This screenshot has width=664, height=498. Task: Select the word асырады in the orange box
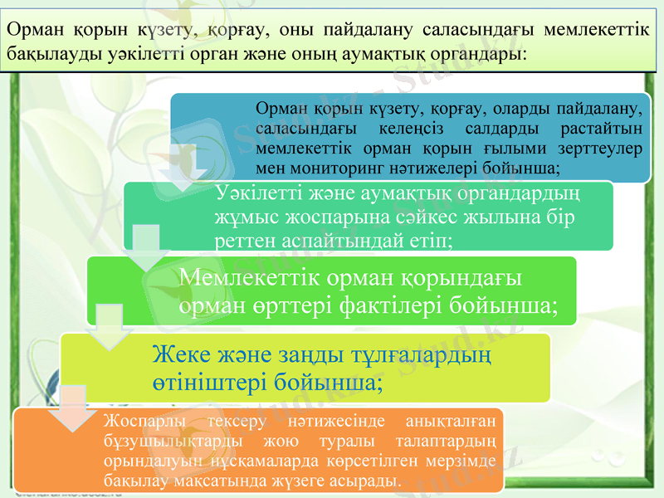coord(367,481)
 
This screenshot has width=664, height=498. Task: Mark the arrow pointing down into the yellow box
coord(107,327)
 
